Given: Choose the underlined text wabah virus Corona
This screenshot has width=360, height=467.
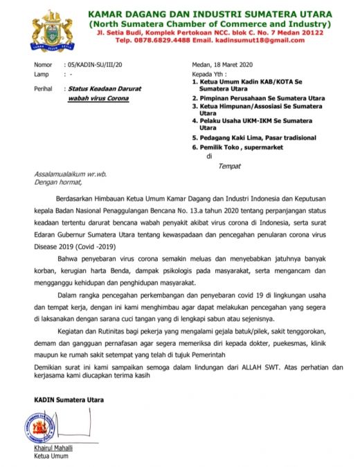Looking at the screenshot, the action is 98,99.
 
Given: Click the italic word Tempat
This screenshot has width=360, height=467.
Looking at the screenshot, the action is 229,165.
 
